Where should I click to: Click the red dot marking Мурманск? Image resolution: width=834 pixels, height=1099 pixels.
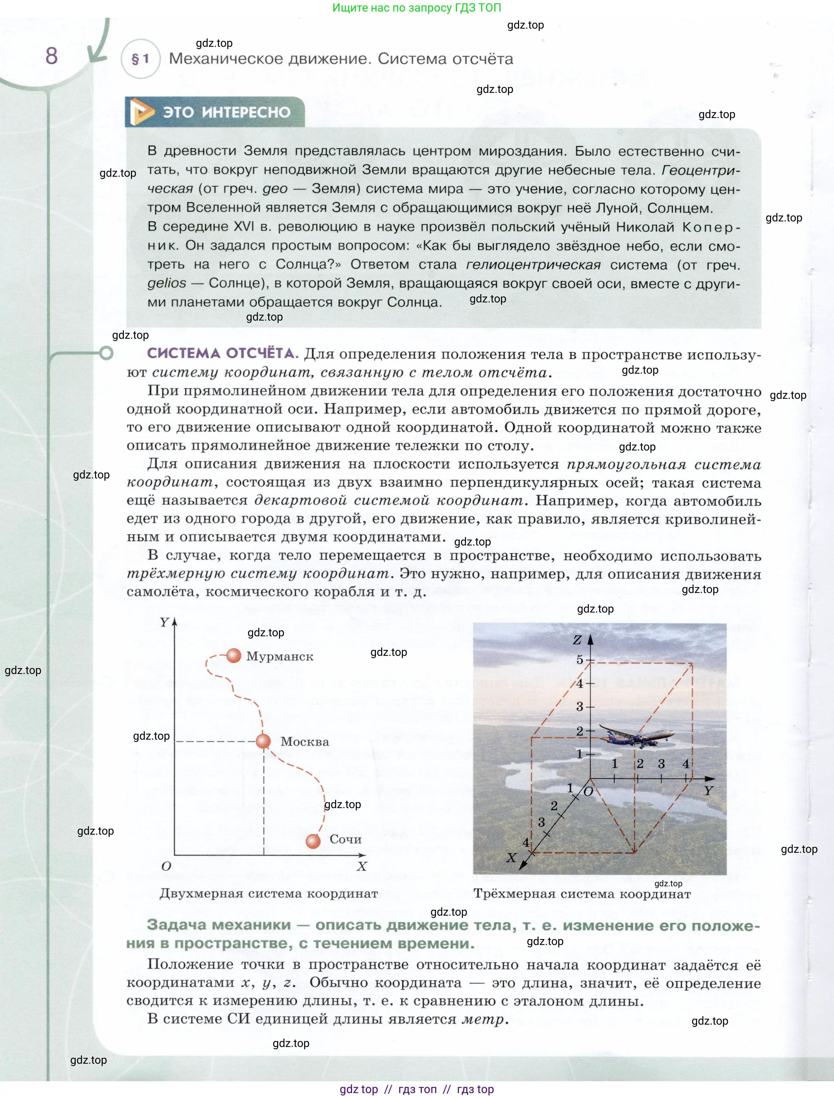coord(234,655)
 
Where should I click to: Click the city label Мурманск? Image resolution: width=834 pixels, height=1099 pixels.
coord(280,656)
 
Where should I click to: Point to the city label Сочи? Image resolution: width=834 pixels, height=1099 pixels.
coord(345,839)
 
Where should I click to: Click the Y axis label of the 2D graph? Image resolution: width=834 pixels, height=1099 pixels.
coord(164,622)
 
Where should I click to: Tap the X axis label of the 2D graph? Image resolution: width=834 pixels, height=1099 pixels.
coord(362,866)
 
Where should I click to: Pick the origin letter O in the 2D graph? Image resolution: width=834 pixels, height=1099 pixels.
coord(167,866)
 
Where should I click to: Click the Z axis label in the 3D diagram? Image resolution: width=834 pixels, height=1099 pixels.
coord(577,640)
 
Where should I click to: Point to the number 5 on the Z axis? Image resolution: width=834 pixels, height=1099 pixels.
coord(580,660)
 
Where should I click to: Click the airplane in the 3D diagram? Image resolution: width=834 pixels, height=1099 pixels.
coord(636,735)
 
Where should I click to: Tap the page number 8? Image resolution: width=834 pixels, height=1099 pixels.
coord(51,56)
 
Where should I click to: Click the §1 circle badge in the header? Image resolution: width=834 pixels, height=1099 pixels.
coord(141,59)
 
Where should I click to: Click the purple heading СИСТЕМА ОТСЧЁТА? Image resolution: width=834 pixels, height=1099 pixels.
coord(222,353)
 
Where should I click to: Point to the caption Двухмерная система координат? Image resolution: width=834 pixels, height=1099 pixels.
coord(269,893)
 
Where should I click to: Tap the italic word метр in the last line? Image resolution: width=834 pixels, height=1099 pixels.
coord(483,1019)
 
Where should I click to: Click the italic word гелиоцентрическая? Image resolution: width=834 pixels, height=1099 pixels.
coord(533,265)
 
